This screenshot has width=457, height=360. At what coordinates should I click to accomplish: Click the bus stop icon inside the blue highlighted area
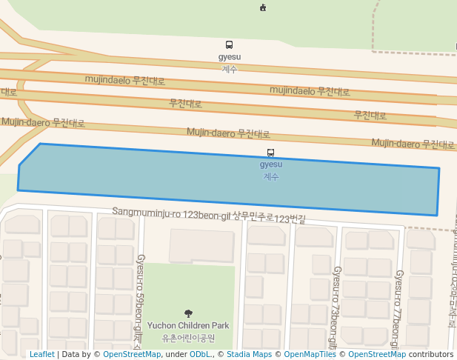pos(270,153)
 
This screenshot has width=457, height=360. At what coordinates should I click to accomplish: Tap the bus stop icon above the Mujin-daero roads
pos(229,45)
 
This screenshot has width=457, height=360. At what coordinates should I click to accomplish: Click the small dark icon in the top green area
pos(263,7)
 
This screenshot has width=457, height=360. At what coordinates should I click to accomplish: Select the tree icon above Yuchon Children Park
pos(188,314)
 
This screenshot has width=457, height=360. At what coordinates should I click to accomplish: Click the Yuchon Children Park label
pos(188,326)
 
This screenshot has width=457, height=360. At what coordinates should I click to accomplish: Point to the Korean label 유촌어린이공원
pos(188,338)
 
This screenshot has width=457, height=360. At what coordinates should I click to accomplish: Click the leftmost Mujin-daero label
pos(43,123)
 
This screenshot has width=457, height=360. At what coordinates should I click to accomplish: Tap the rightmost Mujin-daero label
pos(413,144)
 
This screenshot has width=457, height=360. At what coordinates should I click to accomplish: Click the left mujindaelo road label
pos(124,80)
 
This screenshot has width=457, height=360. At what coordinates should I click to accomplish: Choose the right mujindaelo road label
pos(310,91)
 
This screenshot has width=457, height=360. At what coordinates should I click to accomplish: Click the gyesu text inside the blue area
pos(271,164)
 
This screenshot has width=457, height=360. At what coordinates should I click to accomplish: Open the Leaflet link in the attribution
pos(42,355)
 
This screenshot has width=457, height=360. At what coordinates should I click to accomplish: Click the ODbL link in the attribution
pos(200,355)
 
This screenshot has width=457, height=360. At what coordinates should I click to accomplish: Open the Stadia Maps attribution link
pos(248,355)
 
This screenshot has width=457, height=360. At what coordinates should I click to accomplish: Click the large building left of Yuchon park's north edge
pos(201,245)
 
